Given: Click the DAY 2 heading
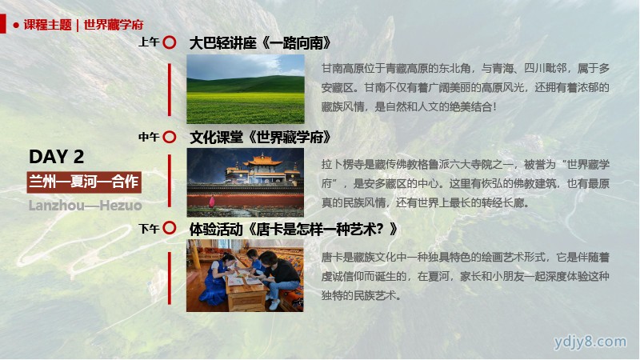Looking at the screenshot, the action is tap(56, 157).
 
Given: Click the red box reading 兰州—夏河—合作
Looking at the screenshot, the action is tap(84, 182).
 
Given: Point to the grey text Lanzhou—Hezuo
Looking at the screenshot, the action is tap(86, 206).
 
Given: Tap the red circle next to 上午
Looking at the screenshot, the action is tap(170, 42).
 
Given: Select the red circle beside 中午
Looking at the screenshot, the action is tap(170, 137).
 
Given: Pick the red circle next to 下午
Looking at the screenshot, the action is tap(170, 228).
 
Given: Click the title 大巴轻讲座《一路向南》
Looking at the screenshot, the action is tap(260, 43).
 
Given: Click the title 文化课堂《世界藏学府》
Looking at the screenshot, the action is tap(260, 137).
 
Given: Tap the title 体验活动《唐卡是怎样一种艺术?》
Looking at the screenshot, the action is tap(293, 230).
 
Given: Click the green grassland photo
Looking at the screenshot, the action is tap(246, 89).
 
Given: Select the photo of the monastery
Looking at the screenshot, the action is tap(246, 182).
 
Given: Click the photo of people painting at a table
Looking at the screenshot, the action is tap(245, 275).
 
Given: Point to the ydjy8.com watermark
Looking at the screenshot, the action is tap(590, 342).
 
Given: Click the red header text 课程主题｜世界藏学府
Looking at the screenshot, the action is tap(83, 25).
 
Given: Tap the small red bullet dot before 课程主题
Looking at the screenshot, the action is tap(16, 26).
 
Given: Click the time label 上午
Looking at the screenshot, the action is tap(149, 42).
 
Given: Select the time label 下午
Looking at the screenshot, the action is tap(149, 229).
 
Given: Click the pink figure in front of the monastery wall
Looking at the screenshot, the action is tap(212, 202).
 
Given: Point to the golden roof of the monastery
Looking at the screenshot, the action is tap(262, 161).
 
